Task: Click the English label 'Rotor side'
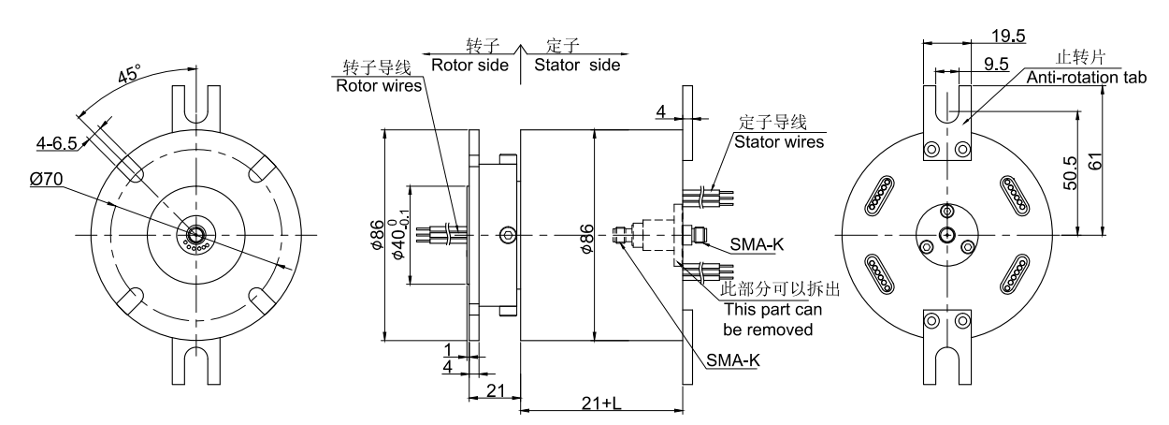pos(469,66)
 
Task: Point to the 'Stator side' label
pos(576,66)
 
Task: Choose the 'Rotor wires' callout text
pos(378,86)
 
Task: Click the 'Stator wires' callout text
pos(779,143)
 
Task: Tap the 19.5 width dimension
pos(1007,37)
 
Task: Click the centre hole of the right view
pos(947,233)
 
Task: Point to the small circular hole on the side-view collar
pos(508,233)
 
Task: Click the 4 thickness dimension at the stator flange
pos(660,113)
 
